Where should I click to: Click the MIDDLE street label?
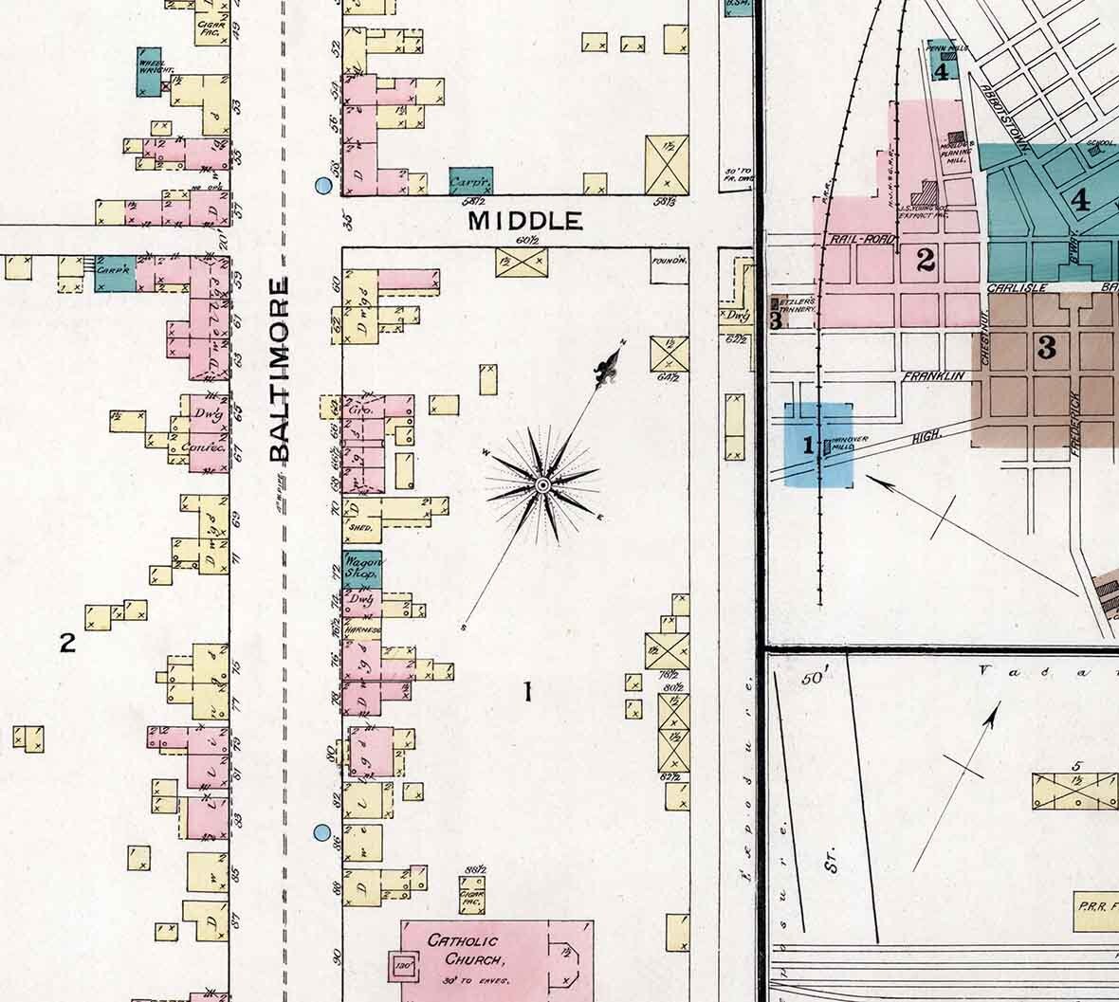coord(526,222)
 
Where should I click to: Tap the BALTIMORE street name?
coord(278,370)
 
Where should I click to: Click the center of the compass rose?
coord(542,485)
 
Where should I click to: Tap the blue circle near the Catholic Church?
coord(322,833)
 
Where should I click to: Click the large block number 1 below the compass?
coord(528,693)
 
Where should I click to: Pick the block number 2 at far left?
coord(66,644)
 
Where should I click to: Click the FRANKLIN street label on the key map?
coord(933,376)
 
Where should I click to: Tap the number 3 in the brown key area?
coord(1046,348)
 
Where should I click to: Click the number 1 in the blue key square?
coord(809,444)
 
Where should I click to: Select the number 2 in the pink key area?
coord(926,259)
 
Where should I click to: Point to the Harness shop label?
coord(365,629)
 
